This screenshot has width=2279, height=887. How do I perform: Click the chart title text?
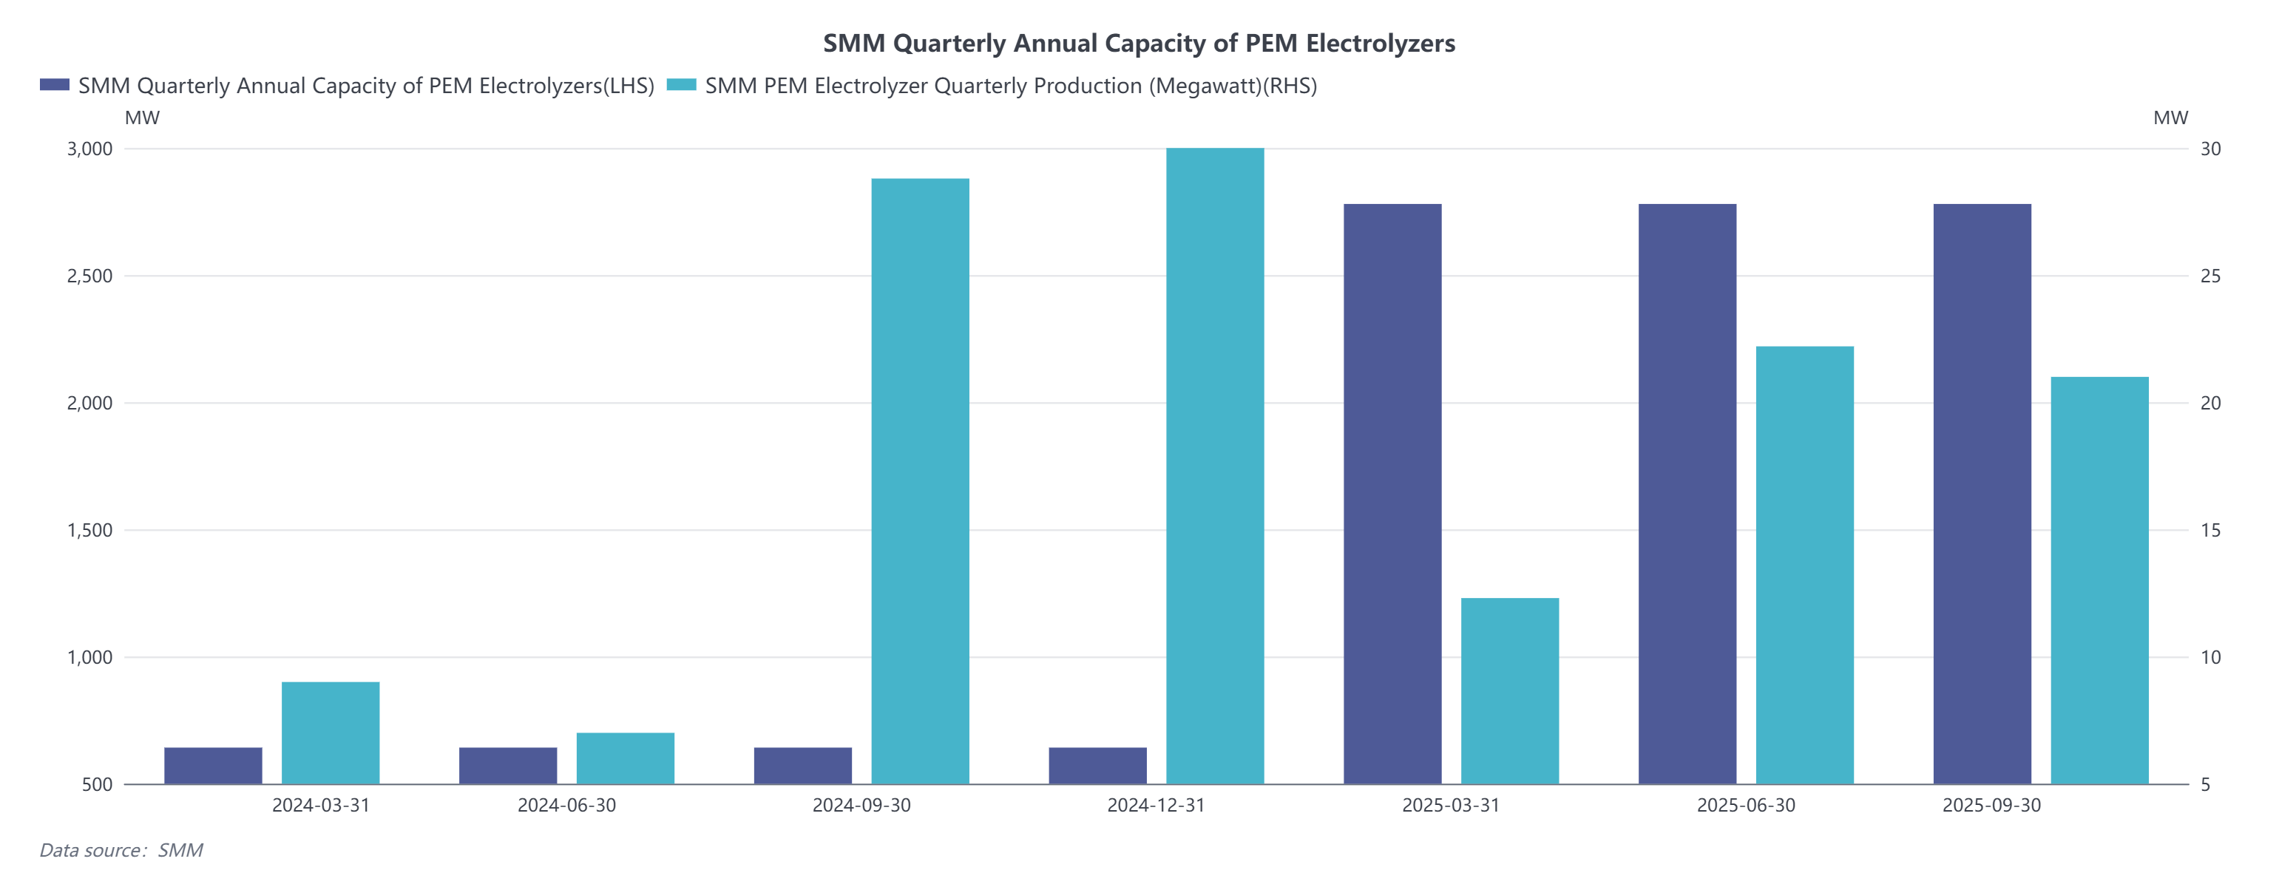point(1139,44)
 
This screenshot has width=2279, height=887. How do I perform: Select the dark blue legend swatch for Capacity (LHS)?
point(54,85)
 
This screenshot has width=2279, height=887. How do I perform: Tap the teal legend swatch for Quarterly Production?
point(680,85)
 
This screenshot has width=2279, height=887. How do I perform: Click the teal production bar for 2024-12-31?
point(1215,466)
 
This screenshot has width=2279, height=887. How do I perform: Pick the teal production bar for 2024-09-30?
point(920,481)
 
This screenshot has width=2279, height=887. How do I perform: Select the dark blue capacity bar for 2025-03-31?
point(1392,494)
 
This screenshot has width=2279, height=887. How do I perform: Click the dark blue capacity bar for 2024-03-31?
point(213,766)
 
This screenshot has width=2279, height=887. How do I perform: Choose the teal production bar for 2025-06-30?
point(1804,565)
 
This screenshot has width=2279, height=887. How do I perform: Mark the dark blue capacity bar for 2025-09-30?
point(1982,494)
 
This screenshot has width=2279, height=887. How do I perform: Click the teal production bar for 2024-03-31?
point(330,733)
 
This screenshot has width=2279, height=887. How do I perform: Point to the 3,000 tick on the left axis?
point(90,149)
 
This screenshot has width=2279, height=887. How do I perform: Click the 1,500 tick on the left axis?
point(90,531)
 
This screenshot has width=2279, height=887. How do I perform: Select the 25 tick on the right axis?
point(2210,276)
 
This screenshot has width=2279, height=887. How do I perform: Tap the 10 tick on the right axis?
point(2210,657)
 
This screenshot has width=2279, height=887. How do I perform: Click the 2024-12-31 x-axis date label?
point(1156,806)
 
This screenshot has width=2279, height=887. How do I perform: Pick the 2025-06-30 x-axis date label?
point(1746,806)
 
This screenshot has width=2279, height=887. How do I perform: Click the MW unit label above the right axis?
point(2170,118)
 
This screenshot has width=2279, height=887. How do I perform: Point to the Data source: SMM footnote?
point(121,850)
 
